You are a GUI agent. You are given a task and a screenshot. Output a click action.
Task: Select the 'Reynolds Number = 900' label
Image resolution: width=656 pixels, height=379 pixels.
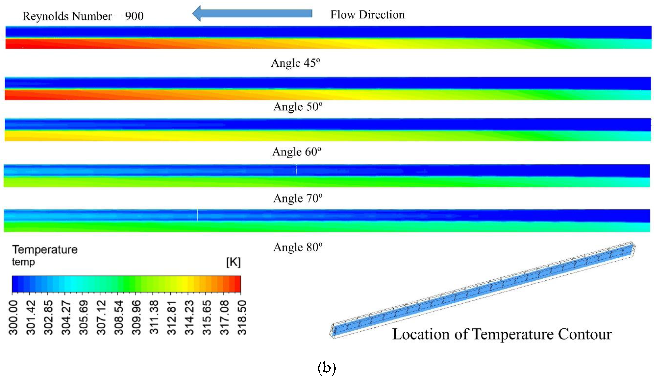(x=83, y=16)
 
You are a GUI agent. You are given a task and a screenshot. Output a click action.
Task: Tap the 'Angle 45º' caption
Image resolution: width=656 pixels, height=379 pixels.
(x=295, y=63)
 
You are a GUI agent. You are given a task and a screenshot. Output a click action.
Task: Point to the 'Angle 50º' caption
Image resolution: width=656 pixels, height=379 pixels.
(x=298, y=107)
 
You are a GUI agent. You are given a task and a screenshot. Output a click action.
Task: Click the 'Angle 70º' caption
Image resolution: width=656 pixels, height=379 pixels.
(x=298, y=198)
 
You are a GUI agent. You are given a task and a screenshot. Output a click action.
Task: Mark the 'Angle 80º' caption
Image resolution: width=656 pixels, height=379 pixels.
(x=298, y=247)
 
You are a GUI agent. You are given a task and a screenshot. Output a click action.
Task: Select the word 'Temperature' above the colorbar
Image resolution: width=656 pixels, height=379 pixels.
(x=45, y=249)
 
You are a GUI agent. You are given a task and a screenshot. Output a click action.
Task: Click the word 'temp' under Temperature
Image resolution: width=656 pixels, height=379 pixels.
(x=23, y=262)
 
